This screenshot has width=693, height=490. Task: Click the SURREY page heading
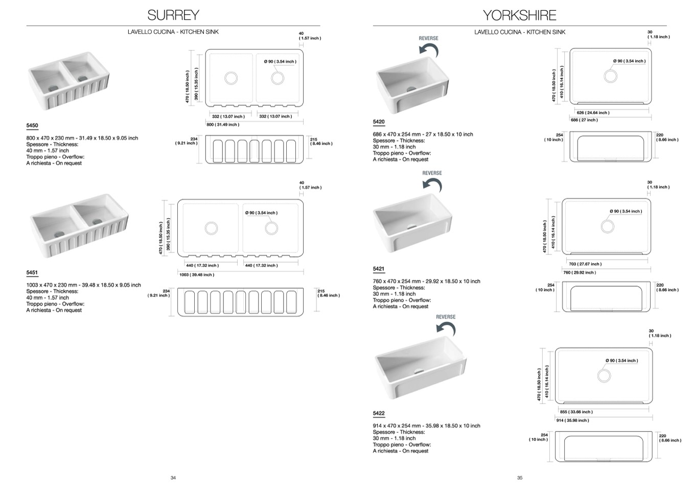pos(173,15)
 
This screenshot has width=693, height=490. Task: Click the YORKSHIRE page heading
pos(519,15)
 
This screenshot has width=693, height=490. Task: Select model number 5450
pos(32,126)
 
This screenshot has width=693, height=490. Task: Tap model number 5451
pos(32,273)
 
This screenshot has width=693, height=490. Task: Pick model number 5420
pos(379,122)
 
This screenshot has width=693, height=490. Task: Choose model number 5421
pos(379,269)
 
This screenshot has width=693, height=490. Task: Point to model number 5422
pos(379,413)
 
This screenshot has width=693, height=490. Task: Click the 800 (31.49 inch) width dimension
pos(223,125)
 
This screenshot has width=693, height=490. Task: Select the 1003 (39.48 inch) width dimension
pos(197,275)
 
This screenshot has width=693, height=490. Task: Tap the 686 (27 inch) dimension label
pos(584,120)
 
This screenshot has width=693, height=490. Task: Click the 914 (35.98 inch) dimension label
pos(572,421)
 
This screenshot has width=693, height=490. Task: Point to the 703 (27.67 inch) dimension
pos(585,264)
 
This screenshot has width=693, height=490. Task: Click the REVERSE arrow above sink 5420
pos(429,49)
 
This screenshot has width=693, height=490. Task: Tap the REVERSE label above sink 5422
pos(446,317)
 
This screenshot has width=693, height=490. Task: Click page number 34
pos(173,478)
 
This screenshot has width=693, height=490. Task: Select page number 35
pos(520,478)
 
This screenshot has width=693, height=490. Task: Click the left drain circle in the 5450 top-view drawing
pos(231,78)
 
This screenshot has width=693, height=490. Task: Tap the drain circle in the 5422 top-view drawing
pos(604,376)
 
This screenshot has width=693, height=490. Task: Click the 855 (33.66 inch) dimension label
pos(576,412)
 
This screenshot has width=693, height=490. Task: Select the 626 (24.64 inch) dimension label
pos(593,113)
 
